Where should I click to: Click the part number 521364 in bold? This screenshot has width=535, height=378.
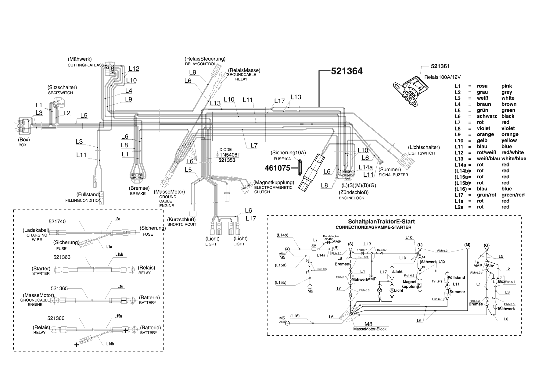347,71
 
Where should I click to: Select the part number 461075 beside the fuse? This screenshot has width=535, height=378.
277,168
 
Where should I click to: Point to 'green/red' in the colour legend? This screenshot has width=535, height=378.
513,195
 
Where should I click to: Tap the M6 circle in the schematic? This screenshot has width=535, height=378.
310,287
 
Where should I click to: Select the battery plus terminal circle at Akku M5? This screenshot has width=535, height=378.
287,249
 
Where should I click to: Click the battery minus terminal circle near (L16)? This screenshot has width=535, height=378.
287,323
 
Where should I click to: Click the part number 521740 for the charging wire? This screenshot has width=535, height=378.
57,222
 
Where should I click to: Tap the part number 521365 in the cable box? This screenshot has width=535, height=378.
59,288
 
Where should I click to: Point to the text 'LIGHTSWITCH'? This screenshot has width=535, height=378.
422,153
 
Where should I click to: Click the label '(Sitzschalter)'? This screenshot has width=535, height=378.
62,87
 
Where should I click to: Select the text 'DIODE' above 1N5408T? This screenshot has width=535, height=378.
226,150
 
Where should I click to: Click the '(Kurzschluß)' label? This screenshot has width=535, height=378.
181,219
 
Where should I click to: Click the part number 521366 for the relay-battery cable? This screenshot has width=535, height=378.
56,318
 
